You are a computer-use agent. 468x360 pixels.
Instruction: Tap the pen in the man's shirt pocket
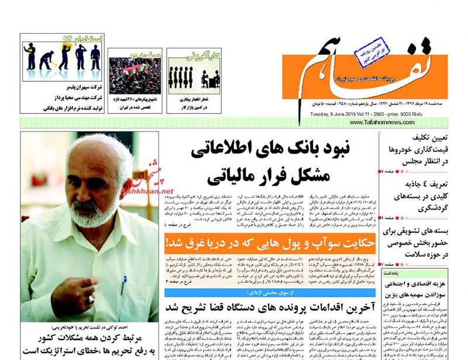tap(123, 286)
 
